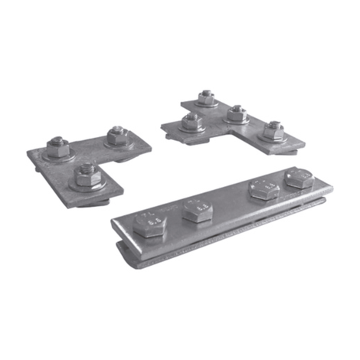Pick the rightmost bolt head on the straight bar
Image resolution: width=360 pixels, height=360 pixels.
[x=298, y=179]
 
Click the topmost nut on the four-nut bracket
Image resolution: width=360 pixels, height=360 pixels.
[x=205, y=98]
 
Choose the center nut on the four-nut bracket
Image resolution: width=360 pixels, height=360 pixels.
[x=235, y=115]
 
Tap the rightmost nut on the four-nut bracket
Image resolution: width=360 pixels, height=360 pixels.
[x=273, y=130]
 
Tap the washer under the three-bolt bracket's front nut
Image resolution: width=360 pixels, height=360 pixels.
[x=84, y=185]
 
